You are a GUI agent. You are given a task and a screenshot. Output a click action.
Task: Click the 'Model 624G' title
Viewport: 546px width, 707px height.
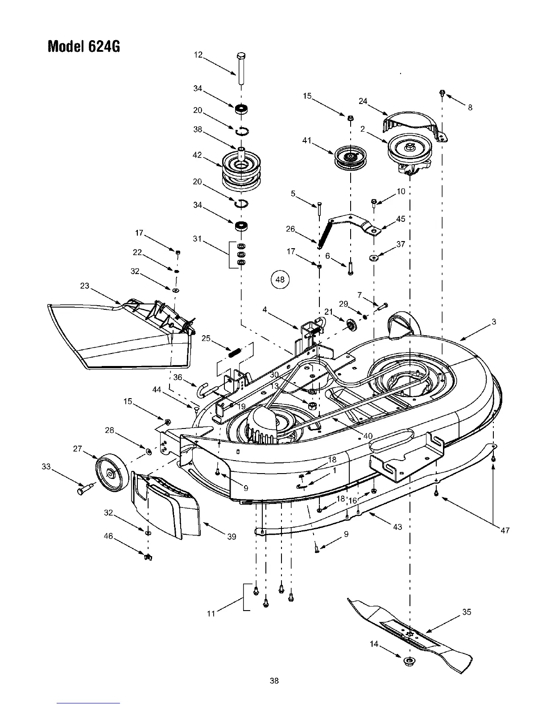pos(84,46)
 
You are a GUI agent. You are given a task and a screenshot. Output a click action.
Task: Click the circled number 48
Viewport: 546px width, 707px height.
pos(280,280)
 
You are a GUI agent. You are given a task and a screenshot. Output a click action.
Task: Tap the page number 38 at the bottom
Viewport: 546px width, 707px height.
pos(274,681)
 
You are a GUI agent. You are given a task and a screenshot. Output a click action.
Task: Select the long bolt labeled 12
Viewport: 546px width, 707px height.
pos(241,69)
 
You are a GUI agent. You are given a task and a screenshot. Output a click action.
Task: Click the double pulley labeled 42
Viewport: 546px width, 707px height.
pos(241,170)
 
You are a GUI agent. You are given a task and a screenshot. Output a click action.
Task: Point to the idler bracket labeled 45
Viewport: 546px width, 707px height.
pos(355,223)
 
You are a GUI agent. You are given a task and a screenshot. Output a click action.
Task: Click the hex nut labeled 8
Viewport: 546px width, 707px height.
pos(442,93)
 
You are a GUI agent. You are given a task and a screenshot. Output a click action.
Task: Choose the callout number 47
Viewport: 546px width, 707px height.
pos(505,530)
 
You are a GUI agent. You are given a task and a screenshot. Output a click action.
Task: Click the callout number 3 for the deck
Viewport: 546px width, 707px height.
pos(494,322)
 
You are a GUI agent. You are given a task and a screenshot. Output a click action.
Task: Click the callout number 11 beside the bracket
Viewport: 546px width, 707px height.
pos(211,613)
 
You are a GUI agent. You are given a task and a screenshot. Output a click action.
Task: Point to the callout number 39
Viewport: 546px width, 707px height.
pos(232,537)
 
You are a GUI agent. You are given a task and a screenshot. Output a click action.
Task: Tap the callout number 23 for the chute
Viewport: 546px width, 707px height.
pos(85,286)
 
